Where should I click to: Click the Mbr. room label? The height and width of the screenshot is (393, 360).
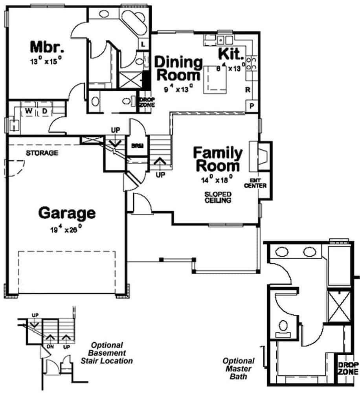coord(47,47)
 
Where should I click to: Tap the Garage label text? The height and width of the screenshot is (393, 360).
coord(67,213)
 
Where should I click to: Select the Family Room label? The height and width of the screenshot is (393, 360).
coord(218,159)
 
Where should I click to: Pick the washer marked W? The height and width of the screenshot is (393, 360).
coord(29,112)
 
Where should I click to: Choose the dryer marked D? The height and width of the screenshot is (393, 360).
coord(44,112)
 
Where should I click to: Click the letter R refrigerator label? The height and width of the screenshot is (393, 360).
coord(248,90)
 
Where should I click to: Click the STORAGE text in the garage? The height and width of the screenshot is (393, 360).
coord(42,152)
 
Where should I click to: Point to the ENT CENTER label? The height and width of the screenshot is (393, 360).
coord(256,183)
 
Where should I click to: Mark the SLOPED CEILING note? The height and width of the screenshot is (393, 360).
coord(217,197)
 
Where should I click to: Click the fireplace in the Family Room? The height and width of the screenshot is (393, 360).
coord(260,155)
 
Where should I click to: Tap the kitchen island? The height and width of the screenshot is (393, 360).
coord(215,79)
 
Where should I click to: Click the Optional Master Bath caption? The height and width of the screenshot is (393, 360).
coord(239,368)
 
